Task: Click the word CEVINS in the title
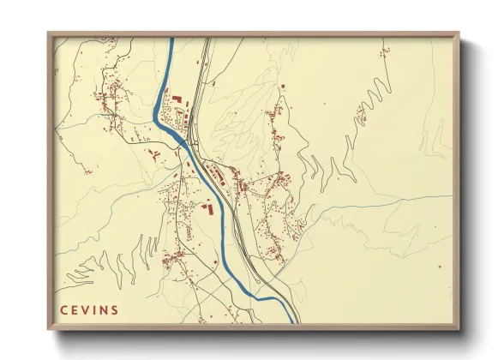(89, 309)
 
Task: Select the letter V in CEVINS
(86, 309)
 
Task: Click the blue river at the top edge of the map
(171, 43)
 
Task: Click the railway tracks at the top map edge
(205, 43)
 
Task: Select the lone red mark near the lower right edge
(438, 267)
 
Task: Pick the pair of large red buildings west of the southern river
(206, 207)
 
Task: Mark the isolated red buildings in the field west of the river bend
(155, 154)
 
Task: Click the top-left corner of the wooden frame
(49, 34)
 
